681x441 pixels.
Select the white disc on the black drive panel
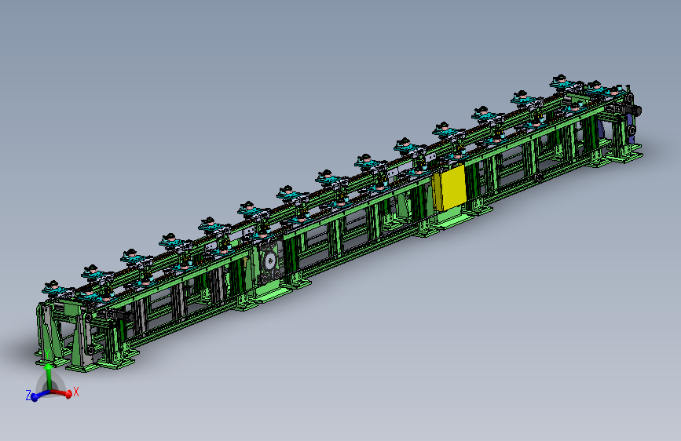tap(270, 261)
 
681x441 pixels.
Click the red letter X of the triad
tap(76, 392)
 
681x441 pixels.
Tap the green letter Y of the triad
tap(47, 354)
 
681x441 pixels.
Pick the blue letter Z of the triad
tap(28, 395)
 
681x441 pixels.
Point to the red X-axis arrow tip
tap(68, 394)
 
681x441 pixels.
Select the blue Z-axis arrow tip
tap(35, 398)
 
